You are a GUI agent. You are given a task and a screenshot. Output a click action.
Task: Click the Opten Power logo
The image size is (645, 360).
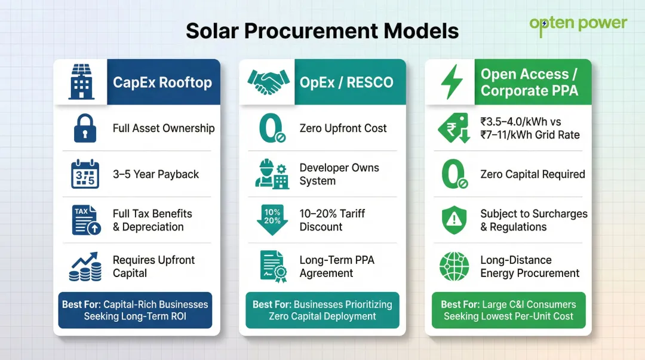[578, 24]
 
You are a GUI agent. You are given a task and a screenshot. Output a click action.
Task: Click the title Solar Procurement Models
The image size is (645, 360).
[322, 30]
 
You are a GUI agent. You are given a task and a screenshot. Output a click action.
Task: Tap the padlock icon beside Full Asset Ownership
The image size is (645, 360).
[85, 128]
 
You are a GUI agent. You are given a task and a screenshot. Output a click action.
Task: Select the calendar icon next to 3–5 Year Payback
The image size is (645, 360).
[85, 174]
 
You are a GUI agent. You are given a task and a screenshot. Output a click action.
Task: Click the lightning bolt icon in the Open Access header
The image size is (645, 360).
[451, 82]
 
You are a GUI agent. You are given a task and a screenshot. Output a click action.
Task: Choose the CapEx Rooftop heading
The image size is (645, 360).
[162, 82]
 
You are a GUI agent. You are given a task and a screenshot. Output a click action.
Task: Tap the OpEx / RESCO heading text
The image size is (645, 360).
[346, 82]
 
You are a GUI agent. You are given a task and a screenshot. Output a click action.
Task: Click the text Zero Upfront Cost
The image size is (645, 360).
[343, 128]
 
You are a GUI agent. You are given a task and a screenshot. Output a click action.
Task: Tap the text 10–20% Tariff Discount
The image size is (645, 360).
[332, 220]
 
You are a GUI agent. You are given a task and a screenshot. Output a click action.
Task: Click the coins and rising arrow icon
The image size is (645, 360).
[85, 267]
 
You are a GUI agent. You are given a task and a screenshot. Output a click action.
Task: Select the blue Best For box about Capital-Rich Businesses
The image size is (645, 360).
[135, 310]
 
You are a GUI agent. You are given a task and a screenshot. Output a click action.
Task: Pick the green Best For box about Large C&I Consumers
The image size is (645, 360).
[508, 310]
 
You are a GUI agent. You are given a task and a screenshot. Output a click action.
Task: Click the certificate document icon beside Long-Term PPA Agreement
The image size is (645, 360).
[272, 267]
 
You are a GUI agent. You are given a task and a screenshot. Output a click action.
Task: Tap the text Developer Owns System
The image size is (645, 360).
[339, 174]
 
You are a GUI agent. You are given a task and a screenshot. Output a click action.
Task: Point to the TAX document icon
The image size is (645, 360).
[85, 220]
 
